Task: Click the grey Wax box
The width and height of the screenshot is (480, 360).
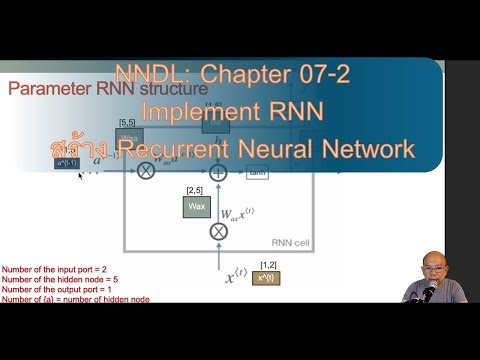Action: [x=197, y=207]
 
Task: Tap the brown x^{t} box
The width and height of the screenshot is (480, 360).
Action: [x=265, y=277]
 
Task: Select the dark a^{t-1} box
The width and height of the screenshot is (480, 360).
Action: [x=67, y=161]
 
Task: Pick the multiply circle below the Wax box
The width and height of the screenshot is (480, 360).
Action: [x=218, y=232]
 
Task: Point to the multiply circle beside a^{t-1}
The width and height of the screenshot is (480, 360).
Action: [x=147, y=172]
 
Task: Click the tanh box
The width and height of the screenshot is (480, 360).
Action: [x=257, y=173]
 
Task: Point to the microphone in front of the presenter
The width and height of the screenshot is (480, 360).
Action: [x=429, y=291]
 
